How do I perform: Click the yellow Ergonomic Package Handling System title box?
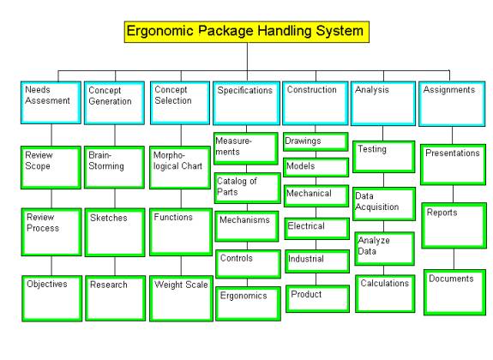247,32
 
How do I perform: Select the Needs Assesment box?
51,103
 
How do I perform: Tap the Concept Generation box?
114,103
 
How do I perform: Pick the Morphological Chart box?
180,167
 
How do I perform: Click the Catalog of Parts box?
248,188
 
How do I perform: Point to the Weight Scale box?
182,298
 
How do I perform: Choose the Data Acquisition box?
384,204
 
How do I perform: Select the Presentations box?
454,165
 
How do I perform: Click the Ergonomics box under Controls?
248,303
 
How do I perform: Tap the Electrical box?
317,229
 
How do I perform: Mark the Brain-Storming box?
114,167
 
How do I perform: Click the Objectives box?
52,298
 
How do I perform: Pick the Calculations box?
385,294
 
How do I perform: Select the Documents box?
455,292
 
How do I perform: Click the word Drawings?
303,141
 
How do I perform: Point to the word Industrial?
305,259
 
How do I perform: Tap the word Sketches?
109,218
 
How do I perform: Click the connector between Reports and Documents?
454,259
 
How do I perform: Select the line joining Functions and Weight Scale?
181,266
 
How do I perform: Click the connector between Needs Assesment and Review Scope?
51,135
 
